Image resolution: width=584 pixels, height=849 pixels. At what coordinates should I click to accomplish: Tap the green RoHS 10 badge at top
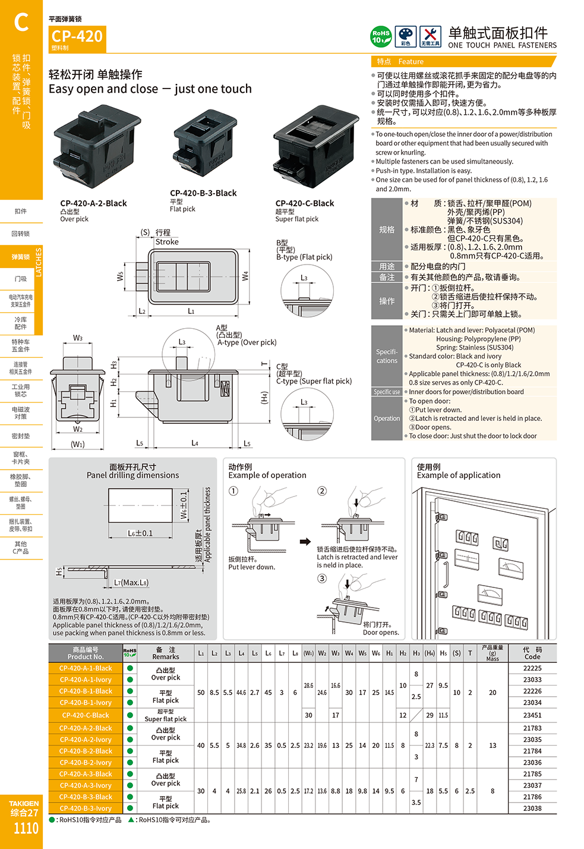point(381,37)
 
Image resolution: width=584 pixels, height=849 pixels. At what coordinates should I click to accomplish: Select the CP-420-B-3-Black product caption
point(203,193)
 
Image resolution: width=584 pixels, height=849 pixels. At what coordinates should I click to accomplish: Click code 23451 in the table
point(532,715)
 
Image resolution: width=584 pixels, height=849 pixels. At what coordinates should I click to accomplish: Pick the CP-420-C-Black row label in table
point(86,715)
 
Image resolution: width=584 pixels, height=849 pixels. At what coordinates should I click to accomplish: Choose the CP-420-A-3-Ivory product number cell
point(86,785)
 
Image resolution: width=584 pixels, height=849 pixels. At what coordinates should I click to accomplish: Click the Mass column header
point(493,653)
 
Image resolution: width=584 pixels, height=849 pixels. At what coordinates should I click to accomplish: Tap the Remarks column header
point(166,653)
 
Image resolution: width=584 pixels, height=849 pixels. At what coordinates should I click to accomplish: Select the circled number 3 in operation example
point(322,578)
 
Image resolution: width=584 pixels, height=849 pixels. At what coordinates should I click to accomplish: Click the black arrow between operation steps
point(305,542)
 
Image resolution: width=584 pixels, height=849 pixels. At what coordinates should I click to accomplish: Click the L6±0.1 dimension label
point(140,533)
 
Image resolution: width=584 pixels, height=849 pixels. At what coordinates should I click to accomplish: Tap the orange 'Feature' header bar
point(463,62)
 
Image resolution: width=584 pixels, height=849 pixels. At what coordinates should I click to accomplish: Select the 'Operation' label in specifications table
point(387,419)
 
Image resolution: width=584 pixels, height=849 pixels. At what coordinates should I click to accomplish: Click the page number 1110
point(26,828)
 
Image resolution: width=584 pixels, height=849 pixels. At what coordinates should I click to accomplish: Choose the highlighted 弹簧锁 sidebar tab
point(21,257)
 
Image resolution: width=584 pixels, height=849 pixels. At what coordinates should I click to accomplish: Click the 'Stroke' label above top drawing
point(167,242)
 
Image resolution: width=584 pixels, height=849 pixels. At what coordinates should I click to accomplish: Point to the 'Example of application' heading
point(459,475)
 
